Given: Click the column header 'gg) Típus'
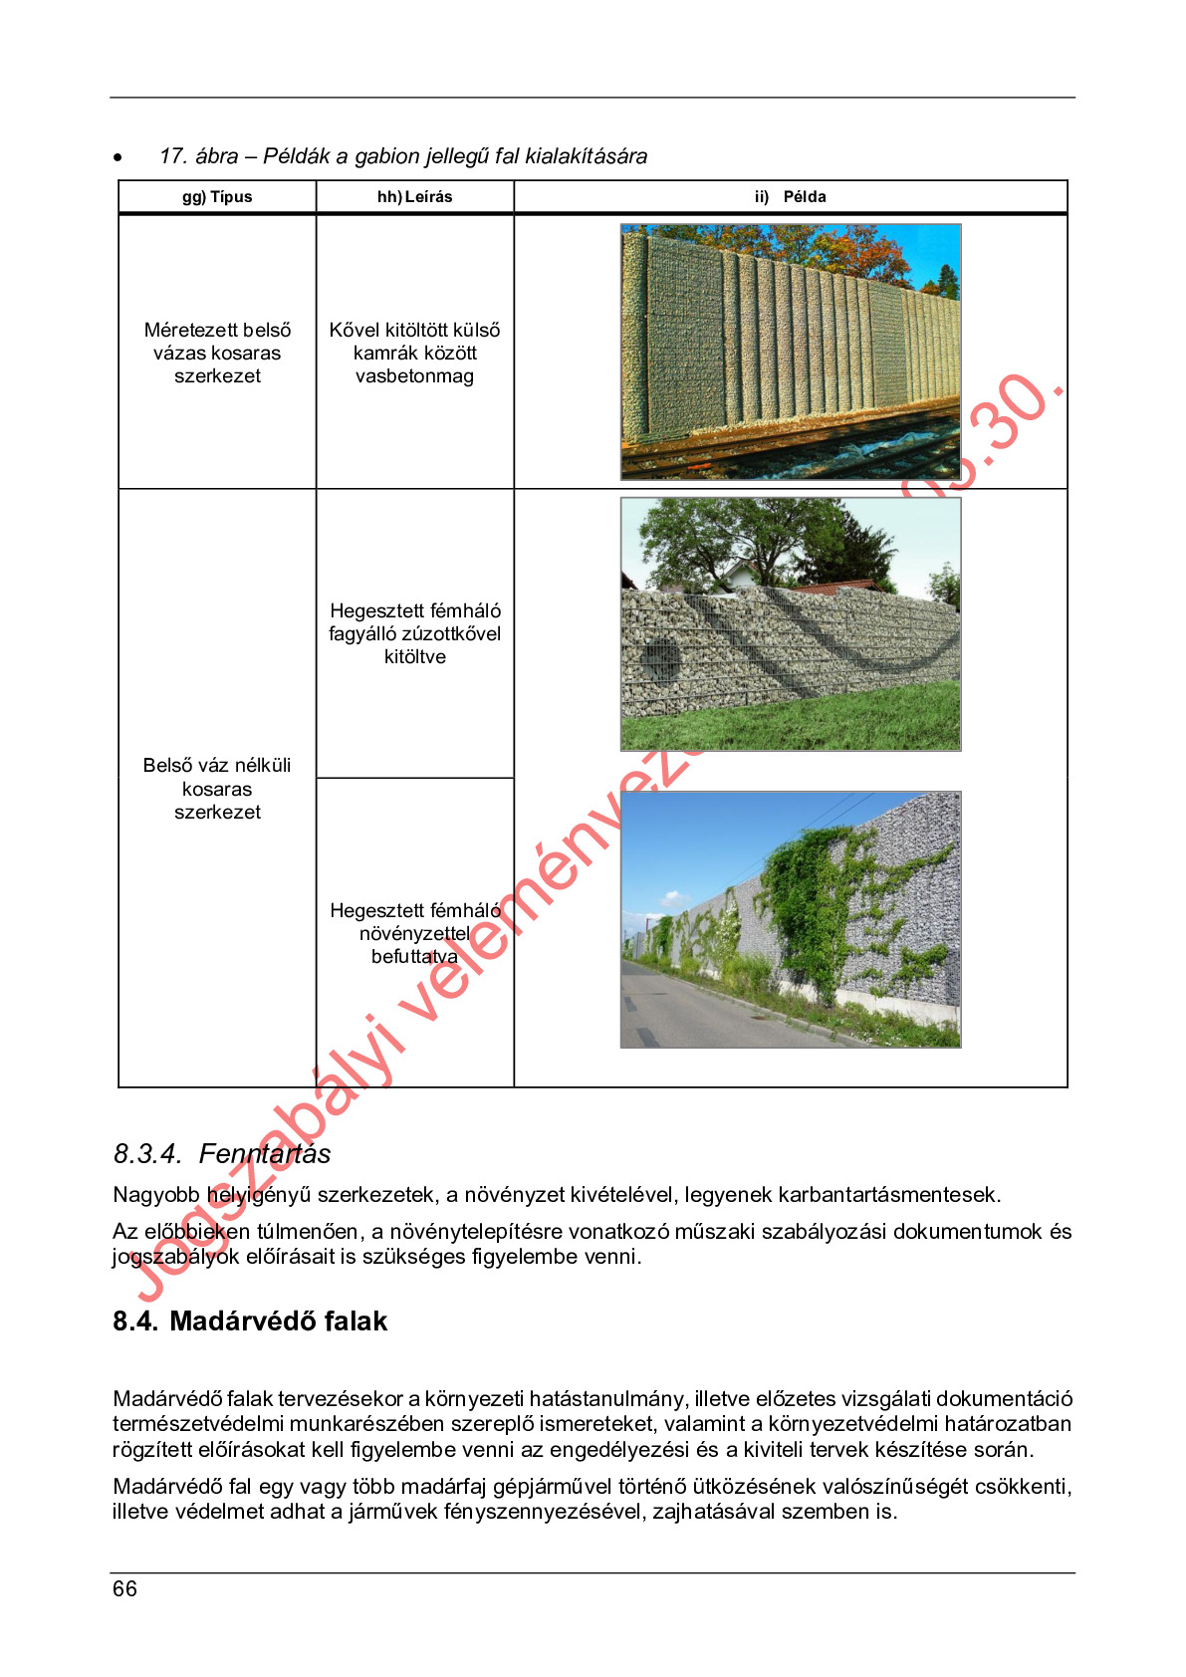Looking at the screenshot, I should (x=217, y=197).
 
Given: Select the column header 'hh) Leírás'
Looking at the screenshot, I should (x=414, y=197).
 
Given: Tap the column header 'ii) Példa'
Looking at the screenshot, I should (x=790, y=197).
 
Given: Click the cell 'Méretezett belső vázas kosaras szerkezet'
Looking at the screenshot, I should (x=217, y=353).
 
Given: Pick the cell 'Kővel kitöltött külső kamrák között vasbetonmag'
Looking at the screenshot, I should (x=414, y=353).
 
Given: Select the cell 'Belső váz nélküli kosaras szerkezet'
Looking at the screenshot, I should (x=217, y=789).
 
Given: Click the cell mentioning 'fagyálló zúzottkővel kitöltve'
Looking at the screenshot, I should (x=414, y=633).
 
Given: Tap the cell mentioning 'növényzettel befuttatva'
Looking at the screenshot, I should (x=414, y=933).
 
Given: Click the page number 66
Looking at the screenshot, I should (x=124, y=1588).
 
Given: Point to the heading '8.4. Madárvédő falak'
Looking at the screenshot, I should (x=250, y=1321).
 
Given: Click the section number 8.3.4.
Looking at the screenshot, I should (x=146, y=1154).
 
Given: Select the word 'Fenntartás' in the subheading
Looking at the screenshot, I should (x=265, y=1154).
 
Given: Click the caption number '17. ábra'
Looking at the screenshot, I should (x=198, y=156).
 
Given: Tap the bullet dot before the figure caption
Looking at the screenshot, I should (x=118, y=157).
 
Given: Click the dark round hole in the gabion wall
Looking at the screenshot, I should (x=658, y=655).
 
